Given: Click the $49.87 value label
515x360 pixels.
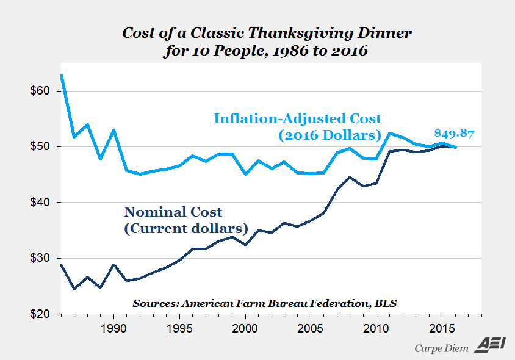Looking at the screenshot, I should click(454, 134).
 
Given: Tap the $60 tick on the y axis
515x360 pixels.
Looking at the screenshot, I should click(40, 91).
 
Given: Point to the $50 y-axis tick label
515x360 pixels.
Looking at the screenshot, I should click(40, 147).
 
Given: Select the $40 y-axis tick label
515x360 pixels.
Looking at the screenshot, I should click(40, 203).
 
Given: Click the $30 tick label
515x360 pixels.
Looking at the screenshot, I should click(40, 258).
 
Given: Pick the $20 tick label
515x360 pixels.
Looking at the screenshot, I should click(40, 314).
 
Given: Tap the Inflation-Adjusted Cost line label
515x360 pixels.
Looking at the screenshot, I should click(297, 126).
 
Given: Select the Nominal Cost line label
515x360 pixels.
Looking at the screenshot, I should click(185, 220).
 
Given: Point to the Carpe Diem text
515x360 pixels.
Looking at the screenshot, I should click(441, 348).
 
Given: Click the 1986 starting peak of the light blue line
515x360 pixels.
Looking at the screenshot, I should click(62, 75).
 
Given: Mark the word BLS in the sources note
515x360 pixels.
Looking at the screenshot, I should click(386, 303).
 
